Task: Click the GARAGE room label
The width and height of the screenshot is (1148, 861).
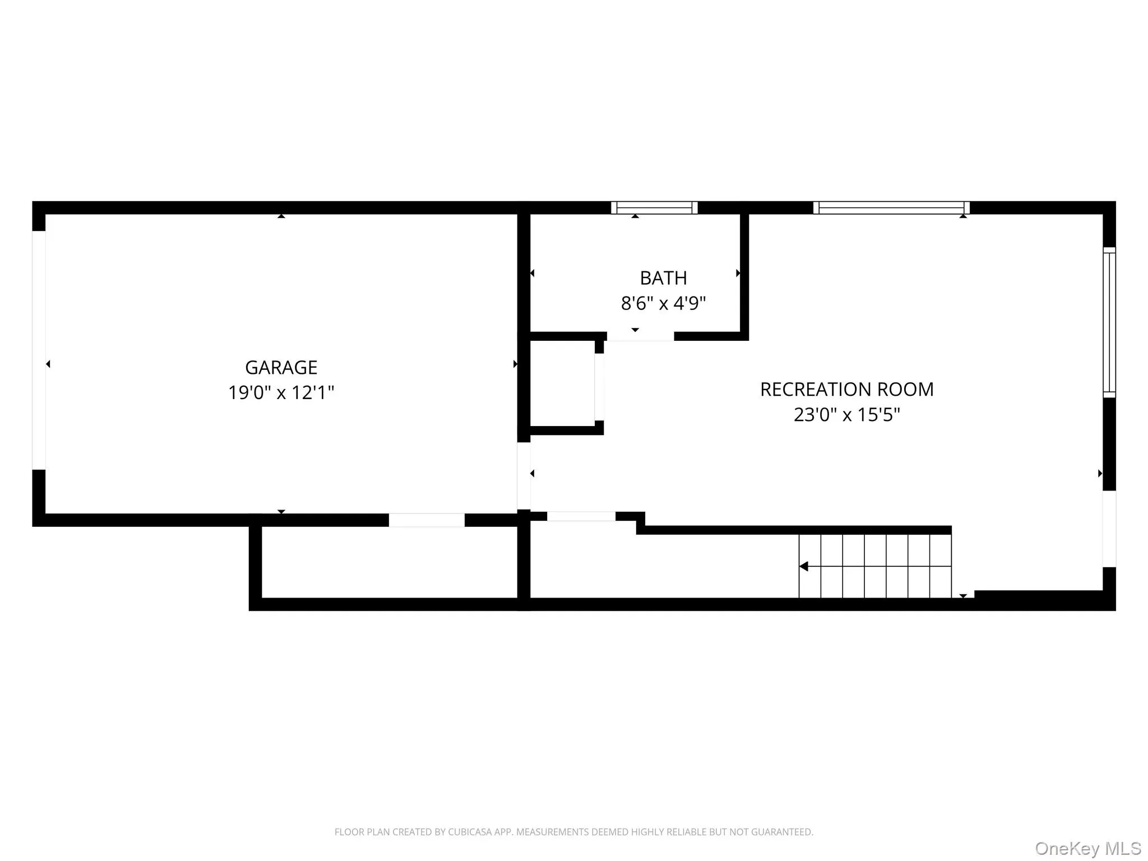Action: point(281,368)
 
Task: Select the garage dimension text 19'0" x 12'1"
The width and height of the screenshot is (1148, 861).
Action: point(281,392)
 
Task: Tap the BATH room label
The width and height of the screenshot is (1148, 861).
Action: point(663,278)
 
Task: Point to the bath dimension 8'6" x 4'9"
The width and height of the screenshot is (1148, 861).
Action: point(663,303)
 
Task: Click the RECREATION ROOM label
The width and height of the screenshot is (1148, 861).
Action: point(846,390)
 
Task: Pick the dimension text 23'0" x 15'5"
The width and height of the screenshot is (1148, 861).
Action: point(846,415)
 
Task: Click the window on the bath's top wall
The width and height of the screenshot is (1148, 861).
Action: point(654,207)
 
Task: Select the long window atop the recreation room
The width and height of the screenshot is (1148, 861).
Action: point(891,207)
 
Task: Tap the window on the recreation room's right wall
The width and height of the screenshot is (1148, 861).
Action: point(1109,322)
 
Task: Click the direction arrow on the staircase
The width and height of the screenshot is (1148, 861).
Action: point(804,566)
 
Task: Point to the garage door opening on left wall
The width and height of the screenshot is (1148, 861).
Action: point(39,350)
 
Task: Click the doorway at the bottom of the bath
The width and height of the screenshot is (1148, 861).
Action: point(640,336)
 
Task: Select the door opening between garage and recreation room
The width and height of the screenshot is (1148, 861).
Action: point(524,475)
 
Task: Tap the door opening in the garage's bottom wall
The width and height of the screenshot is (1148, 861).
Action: point(427,520)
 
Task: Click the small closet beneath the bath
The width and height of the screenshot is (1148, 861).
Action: point(562,383)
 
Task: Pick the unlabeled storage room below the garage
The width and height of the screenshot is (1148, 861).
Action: point(389,562)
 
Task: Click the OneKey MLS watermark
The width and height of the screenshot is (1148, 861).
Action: point(1087,848)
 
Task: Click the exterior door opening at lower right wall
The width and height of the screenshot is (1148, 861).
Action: point(1109,529)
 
